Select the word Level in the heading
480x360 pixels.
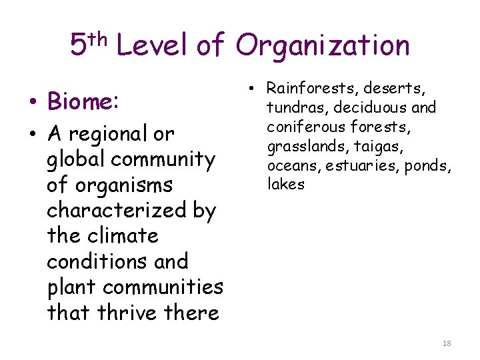[153, 46]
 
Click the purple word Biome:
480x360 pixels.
[83, 102]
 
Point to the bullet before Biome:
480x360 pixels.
[33, 103]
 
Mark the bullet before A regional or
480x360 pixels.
[33, 135]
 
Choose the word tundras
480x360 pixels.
[297, 107]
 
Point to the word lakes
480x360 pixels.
[285, 185]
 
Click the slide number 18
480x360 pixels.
[447, 343]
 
